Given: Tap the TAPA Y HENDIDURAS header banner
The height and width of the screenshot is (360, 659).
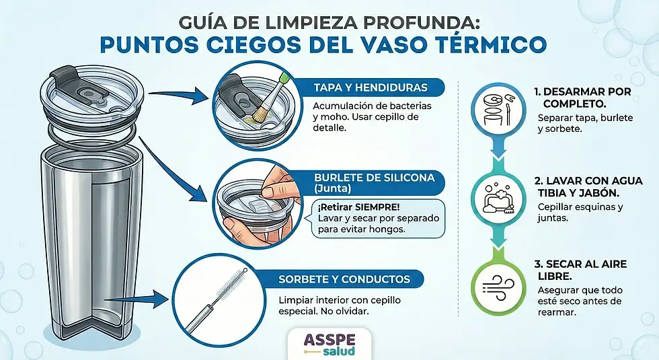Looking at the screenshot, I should (370, 87).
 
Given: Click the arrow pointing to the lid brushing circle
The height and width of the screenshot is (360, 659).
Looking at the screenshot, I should (178, 97).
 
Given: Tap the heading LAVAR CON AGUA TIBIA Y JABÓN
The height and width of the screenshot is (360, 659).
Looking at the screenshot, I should (588, 186).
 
